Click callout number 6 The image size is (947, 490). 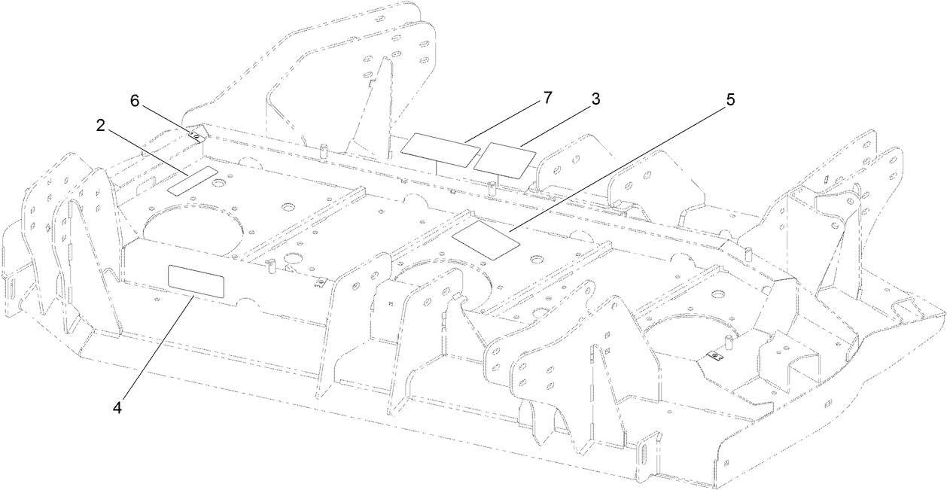point(135,102)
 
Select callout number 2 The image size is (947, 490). point(100,126)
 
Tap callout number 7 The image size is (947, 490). point(547,98)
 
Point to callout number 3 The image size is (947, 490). point(595,99)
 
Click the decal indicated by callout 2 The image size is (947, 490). point(193,181)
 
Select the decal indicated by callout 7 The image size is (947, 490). point(440,150)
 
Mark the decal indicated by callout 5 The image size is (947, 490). point(486,239)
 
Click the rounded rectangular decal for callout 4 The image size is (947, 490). point(196,282)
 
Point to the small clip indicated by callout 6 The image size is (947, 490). point(195,136)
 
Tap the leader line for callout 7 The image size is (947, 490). point(503,123)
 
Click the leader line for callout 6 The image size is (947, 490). point(167,121)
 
